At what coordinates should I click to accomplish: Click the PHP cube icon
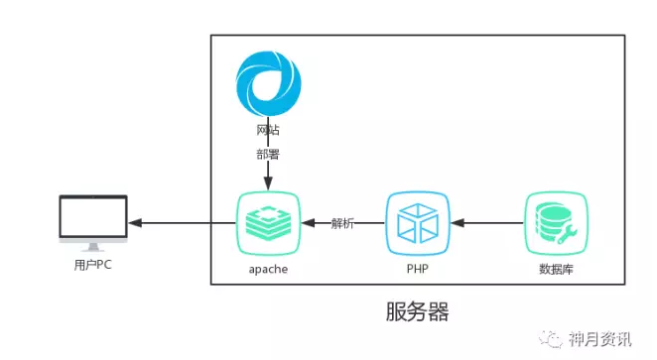tap(418, 223)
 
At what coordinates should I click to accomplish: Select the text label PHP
tap(418, 269)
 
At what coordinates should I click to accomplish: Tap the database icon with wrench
tap(555, 223)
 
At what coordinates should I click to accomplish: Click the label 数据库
tap(555, 269)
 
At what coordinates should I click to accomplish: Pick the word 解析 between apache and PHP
tap(343, 223)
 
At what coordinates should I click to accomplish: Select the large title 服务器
tap(417, 312)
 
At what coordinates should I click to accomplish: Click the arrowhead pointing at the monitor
tap(135, 223)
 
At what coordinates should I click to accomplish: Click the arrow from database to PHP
tap(486, 223)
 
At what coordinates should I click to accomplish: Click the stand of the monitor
tap(92, 246)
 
